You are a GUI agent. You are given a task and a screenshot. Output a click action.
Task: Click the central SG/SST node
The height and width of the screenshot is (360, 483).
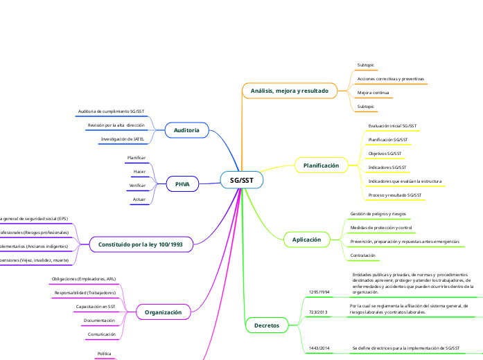pyautogui.click(x=241, y=180)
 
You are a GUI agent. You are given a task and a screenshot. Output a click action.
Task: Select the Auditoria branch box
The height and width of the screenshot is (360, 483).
pyautogui.click(x=187, y=130)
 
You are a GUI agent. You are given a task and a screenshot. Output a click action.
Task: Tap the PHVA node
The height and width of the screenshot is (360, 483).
pyautogui.click(x=182, y=184)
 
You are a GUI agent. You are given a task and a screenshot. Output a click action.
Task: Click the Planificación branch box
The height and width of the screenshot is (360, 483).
pyautogui.click(x=321, y=165)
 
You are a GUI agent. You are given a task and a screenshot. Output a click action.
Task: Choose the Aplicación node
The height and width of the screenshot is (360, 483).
pyautogui.click(x=306, y=240)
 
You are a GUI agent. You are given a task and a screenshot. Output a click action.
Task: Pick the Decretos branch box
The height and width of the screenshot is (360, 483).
pyautogui.click(x=267, y=325)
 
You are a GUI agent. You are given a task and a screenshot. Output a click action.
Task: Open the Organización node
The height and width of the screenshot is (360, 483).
pyautogui.click(x=163, y=312)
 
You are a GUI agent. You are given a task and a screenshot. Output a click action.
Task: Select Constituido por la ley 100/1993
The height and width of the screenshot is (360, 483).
pyautogui.click(x=141, y=244)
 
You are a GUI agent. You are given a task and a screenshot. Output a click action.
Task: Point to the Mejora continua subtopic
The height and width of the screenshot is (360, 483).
pyautogui.click(x=373, y=93)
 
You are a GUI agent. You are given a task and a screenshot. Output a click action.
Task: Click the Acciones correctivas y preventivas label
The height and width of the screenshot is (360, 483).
pyautogui.click(x=390, y=79)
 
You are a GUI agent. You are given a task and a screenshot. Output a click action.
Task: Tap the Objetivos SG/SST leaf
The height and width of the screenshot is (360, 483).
pyautogui.click(x=385, y=153)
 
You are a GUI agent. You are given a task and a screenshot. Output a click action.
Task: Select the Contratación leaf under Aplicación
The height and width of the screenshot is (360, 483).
pyautogui.click(x=362, y=255)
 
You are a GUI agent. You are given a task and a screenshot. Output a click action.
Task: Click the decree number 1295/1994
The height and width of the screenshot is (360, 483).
pyautogui.click(x=319, y=292)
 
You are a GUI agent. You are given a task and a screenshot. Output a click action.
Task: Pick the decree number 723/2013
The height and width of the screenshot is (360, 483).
pyautogui.click(x=318, y=312)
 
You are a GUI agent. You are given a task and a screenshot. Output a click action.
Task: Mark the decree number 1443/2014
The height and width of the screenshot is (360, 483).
pyautogui.click(x=319, y=347)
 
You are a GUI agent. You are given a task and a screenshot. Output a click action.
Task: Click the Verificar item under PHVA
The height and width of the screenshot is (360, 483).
pyautogui.click(x=137, y=186)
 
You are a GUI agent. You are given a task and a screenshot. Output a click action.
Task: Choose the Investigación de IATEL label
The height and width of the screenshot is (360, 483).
pyautogui.click(x=123, y=139)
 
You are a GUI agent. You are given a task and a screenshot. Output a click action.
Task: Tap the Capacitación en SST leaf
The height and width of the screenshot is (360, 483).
pyautogui.click(x=96, y=306)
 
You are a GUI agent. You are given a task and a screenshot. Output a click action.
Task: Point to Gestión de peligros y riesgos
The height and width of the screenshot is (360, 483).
pyautogui.click(x=378, y=214)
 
